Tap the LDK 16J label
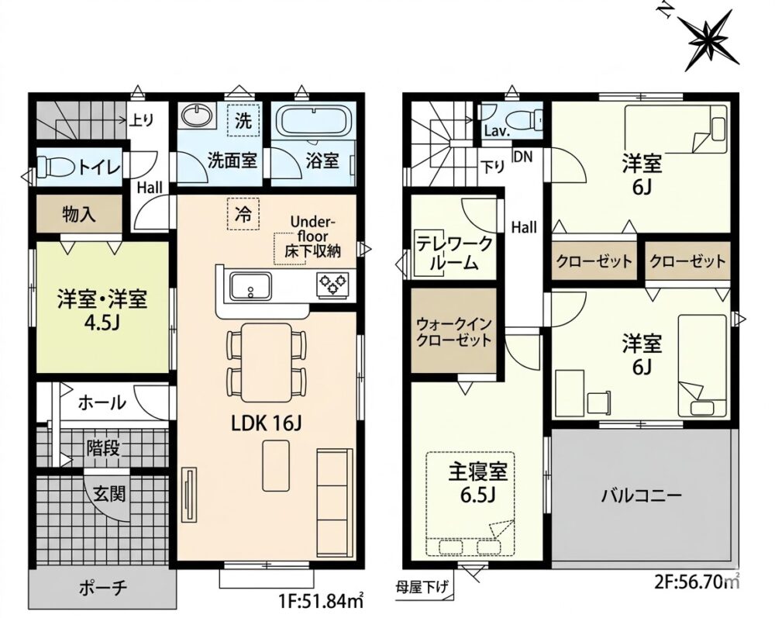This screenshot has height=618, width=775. [x=267, y=423]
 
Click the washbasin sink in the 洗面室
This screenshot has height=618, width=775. [x=197, y=116]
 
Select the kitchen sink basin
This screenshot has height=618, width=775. [x=250, y=286]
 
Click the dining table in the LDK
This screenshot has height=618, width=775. [x=266, y=362]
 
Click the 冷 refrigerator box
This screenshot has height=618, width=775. [x=243, y=213]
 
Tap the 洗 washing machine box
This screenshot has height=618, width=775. [x=243, y=120]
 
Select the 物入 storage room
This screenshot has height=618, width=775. [x=79, y=213]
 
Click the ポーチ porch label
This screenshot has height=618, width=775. [x=103, y=588]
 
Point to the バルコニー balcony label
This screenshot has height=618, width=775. [x=642, y=495]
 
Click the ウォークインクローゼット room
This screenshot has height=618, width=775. [x=454, y=330]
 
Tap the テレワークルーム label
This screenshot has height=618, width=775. [x=454, y=253]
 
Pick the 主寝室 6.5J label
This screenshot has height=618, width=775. [x=478, y=482]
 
